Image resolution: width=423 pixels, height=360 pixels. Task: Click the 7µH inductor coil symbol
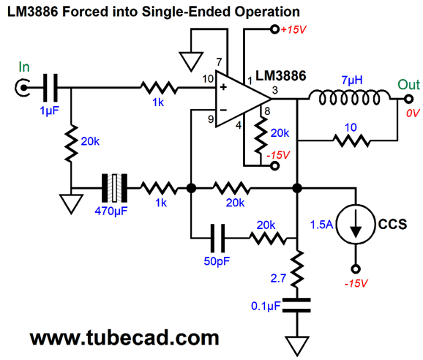coord(349,98)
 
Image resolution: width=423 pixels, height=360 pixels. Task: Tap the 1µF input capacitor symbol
coord(50,88)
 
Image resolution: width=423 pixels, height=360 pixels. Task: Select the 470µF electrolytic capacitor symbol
coord(114,188)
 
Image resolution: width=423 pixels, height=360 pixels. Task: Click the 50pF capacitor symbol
coord(217,238)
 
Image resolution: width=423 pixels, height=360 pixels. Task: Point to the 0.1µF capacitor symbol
coord(296,305)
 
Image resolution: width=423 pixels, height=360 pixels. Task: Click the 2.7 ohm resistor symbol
coord(297,269)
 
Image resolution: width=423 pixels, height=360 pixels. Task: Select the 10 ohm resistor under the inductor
coord(351,140)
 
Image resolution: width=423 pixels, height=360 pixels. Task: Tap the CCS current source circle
coord(356,225)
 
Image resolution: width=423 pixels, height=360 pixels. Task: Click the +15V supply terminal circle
coord(274,29)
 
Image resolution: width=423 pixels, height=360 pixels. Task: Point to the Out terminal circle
coord(408,99)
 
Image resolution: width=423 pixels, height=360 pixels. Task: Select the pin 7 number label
coord(219,62)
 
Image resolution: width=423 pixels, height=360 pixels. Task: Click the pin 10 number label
coord(208,79)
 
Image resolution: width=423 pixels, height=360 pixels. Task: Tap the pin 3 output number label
coord(275,90)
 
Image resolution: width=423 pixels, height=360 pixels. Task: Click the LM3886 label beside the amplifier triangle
coord(280,76)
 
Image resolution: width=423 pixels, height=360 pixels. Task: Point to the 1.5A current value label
coord(321,225)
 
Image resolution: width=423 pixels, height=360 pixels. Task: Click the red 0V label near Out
coord(413,113)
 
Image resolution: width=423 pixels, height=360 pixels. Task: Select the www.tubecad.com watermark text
coord(124,337)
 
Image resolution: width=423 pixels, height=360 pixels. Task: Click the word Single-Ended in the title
coord(186,12)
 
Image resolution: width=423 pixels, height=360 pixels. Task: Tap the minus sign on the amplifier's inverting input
coord(223,110)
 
